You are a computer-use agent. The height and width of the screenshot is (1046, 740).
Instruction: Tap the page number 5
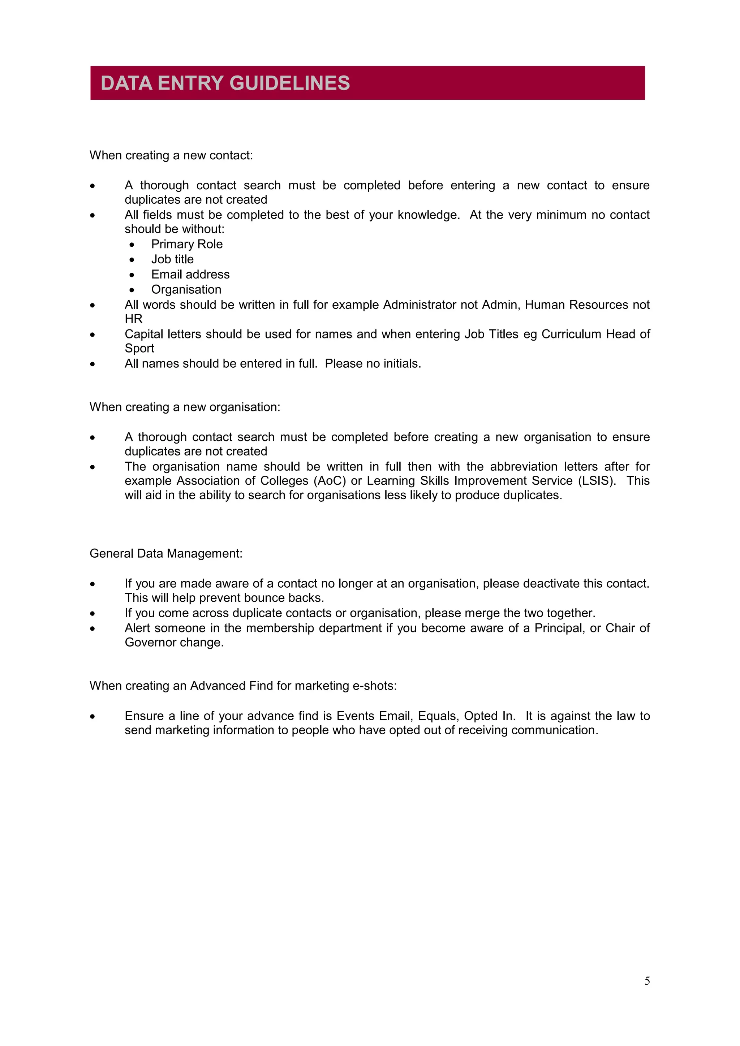click(647, 981)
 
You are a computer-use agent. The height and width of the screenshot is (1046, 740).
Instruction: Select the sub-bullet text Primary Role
click(187, 244)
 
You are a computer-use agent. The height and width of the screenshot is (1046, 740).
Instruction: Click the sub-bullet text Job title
click(172, 259)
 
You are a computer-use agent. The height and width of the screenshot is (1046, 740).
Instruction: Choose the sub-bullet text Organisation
click(186, 289)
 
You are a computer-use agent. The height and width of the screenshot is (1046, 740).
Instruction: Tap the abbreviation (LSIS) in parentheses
click(597, 481)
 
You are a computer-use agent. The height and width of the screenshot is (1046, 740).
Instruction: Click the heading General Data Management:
click(166, 554)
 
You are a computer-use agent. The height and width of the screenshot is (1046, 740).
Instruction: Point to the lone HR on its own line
click(133, 319)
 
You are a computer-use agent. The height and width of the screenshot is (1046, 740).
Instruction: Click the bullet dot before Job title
click(132, 260)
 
